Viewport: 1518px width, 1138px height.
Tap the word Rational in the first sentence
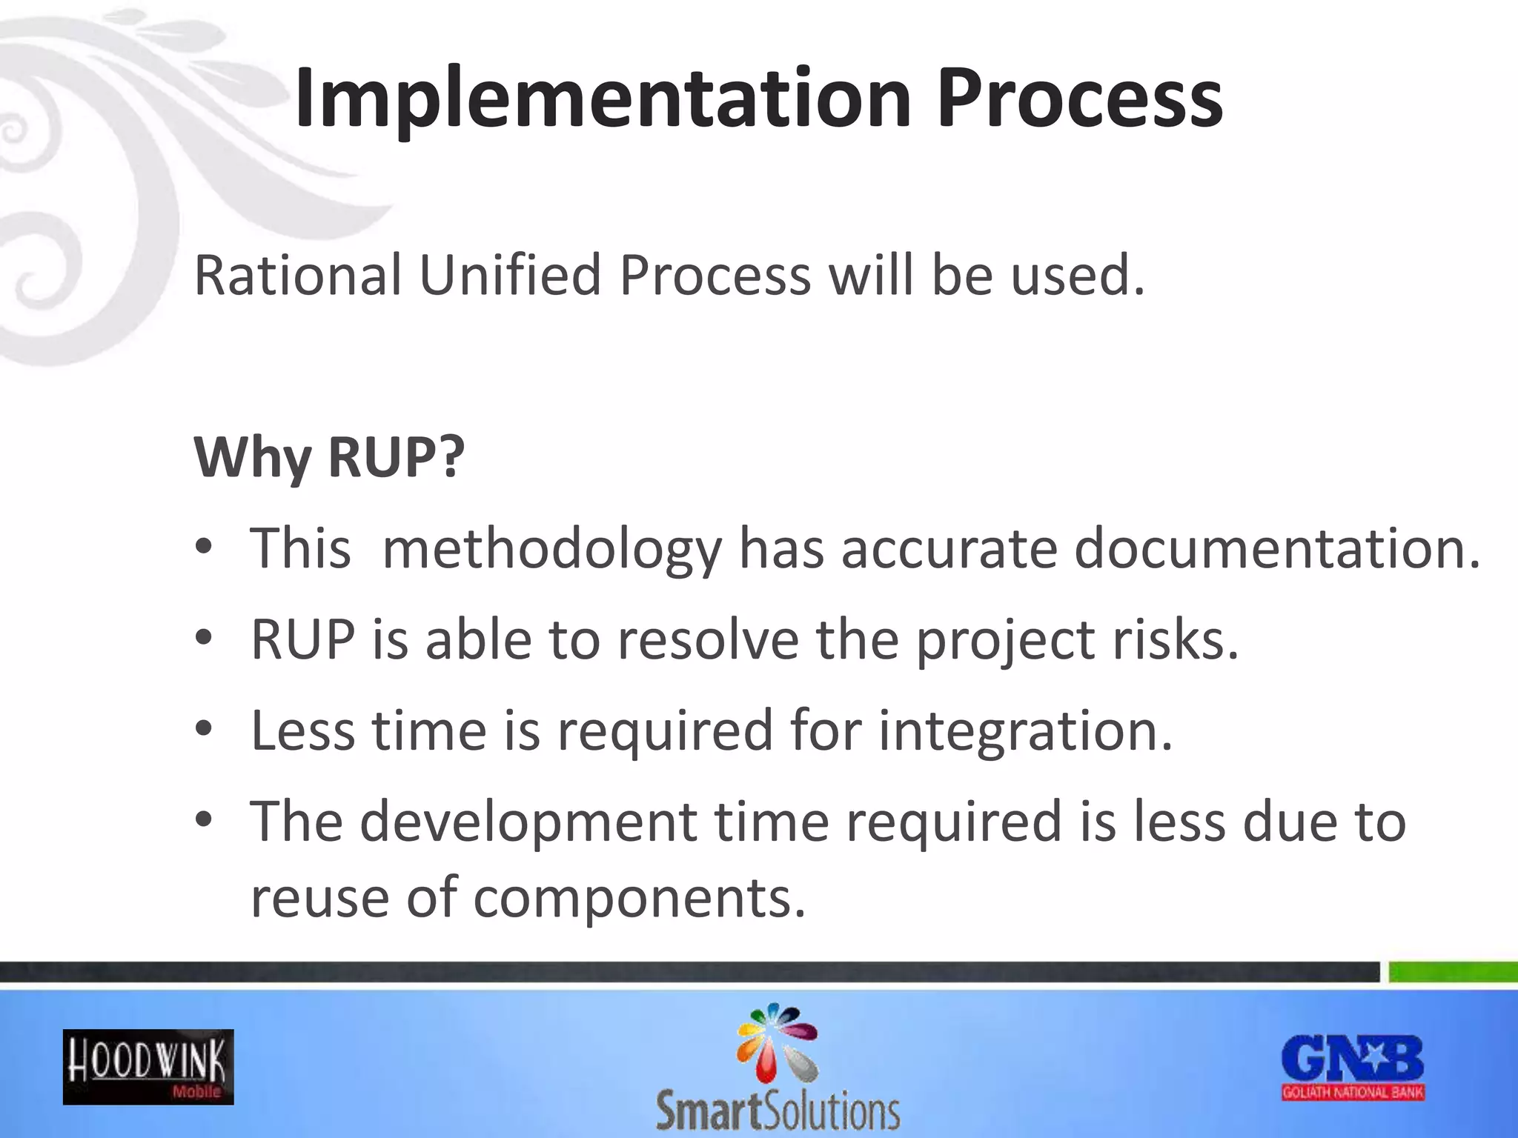297,276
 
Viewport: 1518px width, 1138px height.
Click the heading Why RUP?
329,457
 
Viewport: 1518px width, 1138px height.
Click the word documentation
1276,549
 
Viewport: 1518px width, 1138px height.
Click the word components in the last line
638,898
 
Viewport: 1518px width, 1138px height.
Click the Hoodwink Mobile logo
148,1067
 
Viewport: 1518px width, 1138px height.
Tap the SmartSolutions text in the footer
778,1111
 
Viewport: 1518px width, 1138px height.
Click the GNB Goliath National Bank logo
1353,1068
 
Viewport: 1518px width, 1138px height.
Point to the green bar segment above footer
1453,971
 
